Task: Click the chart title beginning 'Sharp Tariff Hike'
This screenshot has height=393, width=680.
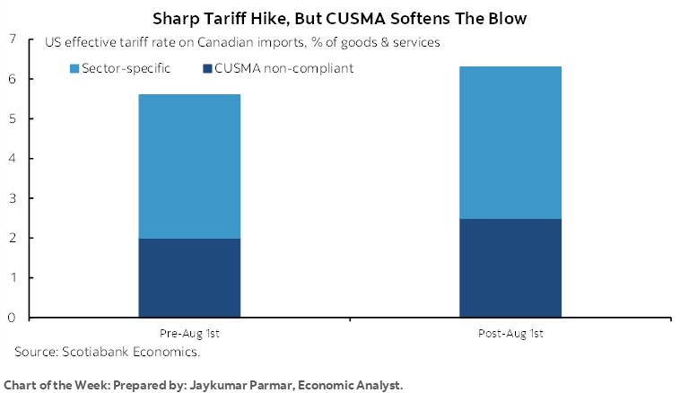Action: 339,18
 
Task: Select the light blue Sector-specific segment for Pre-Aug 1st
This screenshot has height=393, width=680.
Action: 188,166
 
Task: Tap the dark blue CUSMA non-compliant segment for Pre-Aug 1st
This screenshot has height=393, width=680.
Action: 188,278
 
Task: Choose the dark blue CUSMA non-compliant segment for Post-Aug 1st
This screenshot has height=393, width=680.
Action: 510,268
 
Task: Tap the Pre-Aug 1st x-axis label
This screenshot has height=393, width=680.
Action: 188,334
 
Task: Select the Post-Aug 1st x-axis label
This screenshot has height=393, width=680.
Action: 510,334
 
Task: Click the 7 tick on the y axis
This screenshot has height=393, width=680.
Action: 12,39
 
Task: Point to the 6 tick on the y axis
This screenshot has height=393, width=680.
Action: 12,79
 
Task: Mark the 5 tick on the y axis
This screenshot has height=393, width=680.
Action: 12,118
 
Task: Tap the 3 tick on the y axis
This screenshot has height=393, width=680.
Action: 12,198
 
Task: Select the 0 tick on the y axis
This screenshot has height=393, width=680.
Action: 12,318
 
